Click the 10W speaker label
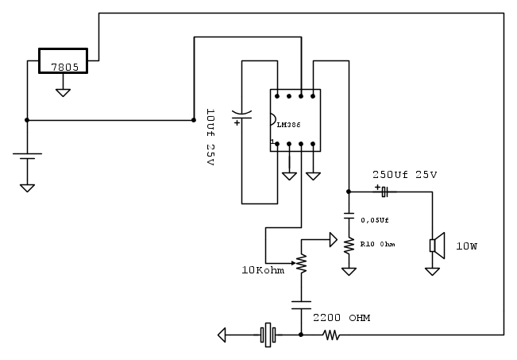coord(467,246)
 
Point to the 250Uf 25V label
coord(405,175)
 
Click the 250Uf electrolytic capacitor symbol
coord(384,192)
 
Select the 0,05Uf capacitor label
coord(375,220)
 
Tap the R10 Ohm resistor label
coord(377,244)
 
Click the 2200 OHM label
coord(341,318)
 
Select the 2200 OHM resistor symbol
coord(331,335)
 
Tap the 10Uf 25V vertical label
coord(210,136)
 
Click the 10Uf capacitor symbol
coord(241,118)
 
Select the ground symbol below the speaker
coord(432,271)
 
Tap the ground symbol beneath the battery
coord(27,188)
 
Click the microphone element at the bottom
coord(268,335)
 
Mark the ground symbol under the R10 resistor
coord(348,271)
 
